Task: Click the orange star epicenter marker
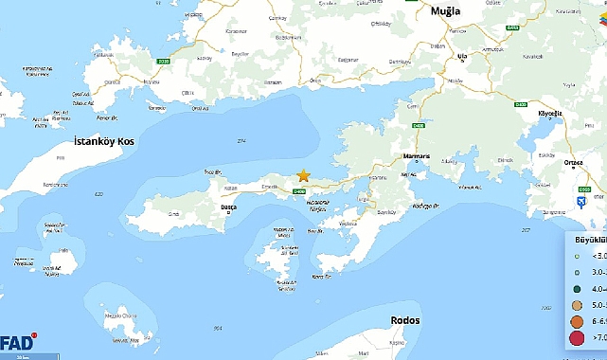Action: pos(304,175)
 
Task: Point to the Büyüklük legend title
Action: pos(584,240)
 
